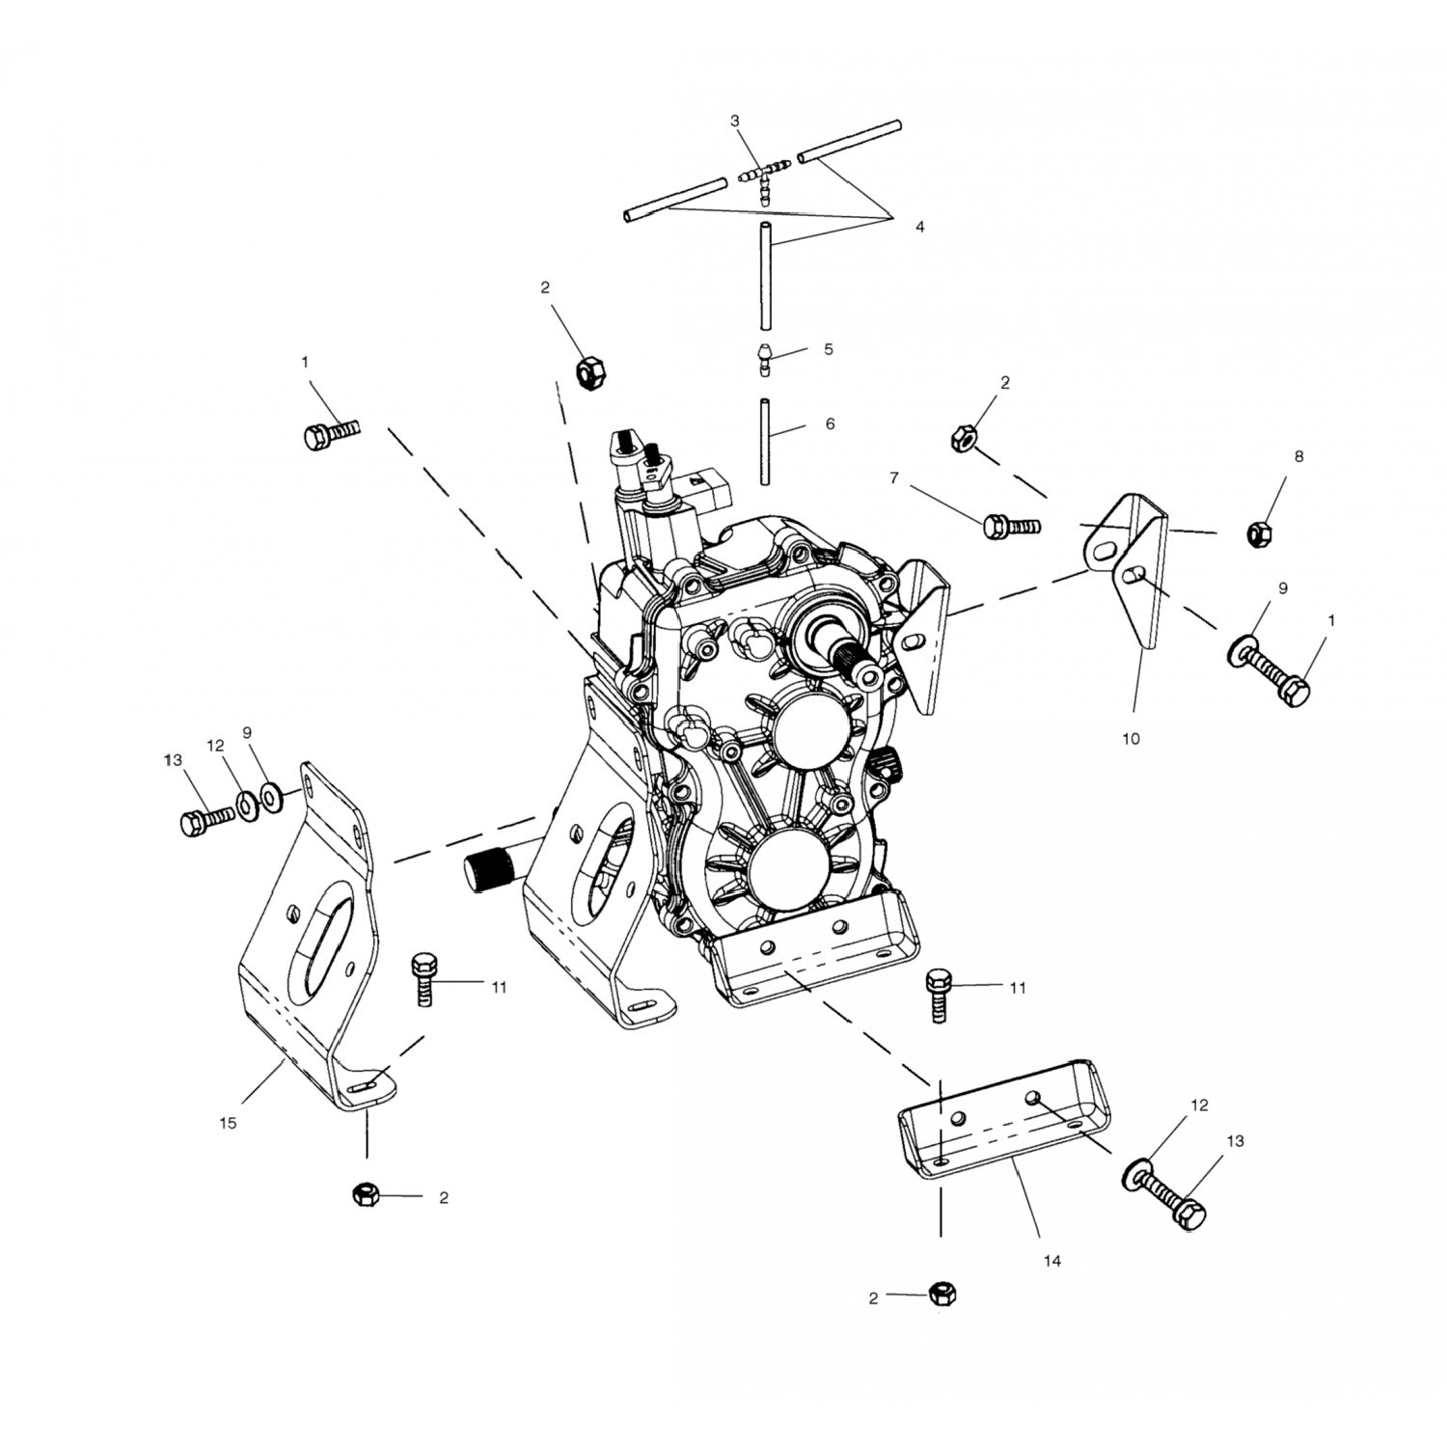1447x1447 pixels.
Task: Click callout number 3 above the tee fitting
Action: [x=735, y=122]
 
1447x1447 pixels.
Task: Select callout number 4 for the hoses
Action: [x=919, y=227]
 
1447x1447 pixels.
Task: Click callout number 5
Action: [x=828, y=349]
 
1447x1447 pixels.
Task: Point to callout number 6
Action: [x=830, y=423]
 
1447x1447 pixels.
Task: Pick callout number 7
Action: [x=894, y=478]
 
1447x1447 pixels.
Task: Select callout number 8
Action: [x=1298, y=456]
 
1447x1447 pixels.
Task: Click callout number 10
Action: [x=1131, y=739]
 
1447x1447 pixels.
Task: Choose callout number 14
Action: [x=1051, y=1261]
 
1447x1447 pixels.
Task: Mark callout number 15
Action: [x=228, y=1123]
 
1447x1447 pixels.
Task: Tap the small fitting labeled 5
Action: [x=764, y=359]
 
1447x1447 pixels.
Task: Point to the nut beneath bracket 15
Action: [x=366, y=1195]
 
